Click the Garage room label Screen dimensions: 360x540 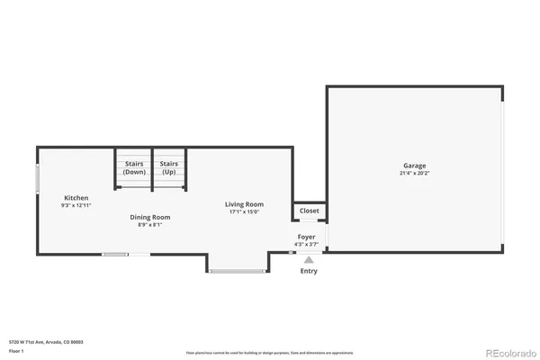414,166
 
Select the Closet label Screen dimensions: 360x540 309,211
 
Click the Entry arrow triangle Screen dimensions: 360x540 309,259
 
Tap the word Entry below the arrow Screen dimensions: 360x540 309,270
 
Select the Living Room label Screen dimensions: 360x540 244,204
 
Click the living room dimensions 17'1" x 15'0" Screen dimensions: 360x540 244,212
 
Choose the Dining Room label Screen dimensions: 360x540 150,217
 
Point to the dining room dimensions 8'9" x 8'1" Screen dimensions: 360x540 150,224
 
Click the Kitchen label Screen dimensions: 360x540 76,198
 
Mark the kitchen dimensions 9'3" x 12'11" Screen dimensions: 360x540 76,206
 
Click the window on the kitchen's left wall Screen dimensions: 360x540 37,177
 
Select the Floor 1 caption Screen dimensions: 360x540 15,352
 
